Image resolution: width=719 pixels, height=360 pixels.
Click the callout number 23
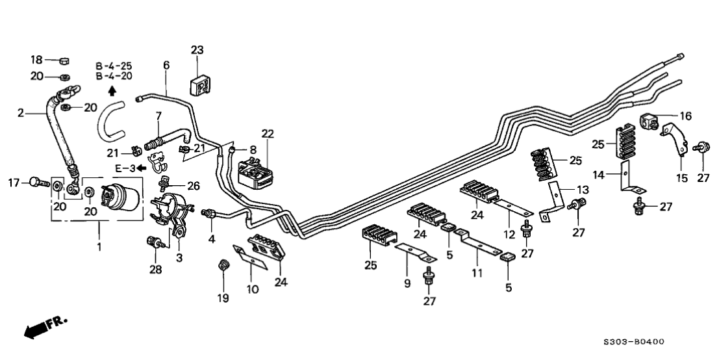click(197, 49)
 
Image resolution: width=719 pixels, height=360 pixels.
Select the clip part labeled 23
click(200, 84)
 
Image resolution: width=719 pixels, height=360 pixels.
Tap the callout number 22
click(268, 134)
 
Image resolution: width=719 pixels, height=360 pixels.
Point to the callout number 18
click(36, 60)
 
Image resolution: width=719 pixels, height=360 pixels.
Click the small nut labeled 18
click(64, 62)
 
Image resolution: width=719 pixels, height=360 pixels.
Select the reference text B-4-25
click(114, 66)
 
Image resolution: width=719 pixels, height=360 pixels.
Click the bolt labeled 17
click(38, 183)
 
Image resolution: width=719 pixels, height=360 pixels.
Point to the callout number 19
click(223, 298)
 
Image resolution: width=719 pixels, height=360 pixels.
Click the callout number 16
click(685, 116)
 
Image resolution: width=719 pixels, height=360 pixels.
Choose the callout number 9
click(407, 283)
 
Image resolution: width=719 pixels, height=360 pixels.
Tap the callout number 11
click(477, 274)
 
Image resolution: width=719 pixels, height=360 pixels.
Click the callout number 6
click(166, 65)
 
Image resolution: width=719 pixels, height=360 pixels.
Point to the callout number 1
click(99, 247)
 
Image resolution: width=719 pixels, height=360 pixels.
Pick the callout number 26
click(192, 186)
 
